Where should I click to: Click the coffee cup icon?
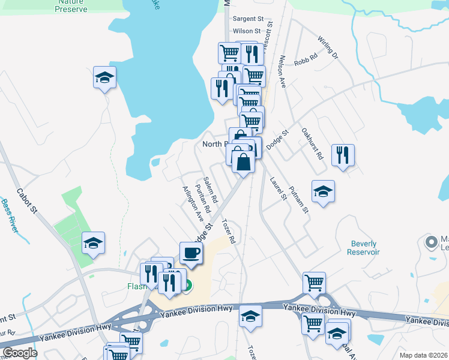[191, 253]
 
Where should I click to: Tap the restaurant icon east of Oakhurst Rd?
[343, 155]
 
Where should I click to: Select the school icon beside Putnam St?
[323, 191]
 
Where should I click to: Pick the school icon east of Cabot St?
[93, 243]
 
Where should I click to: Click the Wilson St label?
[247, 31]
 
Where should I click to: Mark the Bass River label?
[10, 217]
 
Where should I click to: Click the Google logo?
[20, 353]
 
